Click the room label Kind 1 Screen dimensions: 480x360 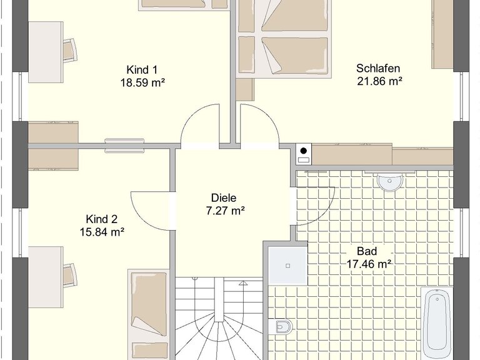pos(142,70)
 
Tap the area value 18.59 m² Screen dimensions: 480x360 pos(142,82)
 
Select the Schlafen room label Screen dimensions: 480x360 pos(378,68)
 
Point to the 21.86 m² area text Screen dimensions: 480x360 pos(379,81)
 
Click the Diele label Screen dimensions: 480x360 pos(224,197)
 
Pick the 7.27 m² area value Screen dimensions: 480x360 pos(225,211)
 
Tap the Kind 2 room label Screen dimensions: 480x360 pos(102,219)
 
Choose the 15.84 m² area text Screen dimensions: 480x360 pos(102,232)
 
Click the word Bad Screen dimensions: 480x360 pos(367,251)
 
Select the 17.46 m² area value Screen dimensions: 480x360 pos(369,264)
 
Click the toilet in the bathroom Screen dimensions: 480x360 pos(280,326)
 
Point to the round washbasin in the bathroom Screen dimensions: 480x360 pos(389,182)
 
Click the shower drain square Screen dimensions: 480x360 pos(287,266)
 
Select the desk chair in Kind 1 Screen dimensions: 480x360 pos(70,51)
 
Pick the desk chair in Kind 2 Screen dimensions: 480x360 pos(70,276)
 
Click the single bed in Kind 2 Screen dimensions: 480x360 pos(149,315)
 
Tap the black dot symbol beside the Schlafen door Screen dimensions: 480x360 pos(303,151)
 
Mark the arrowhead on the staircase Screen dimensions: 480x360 pos(243,283)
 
